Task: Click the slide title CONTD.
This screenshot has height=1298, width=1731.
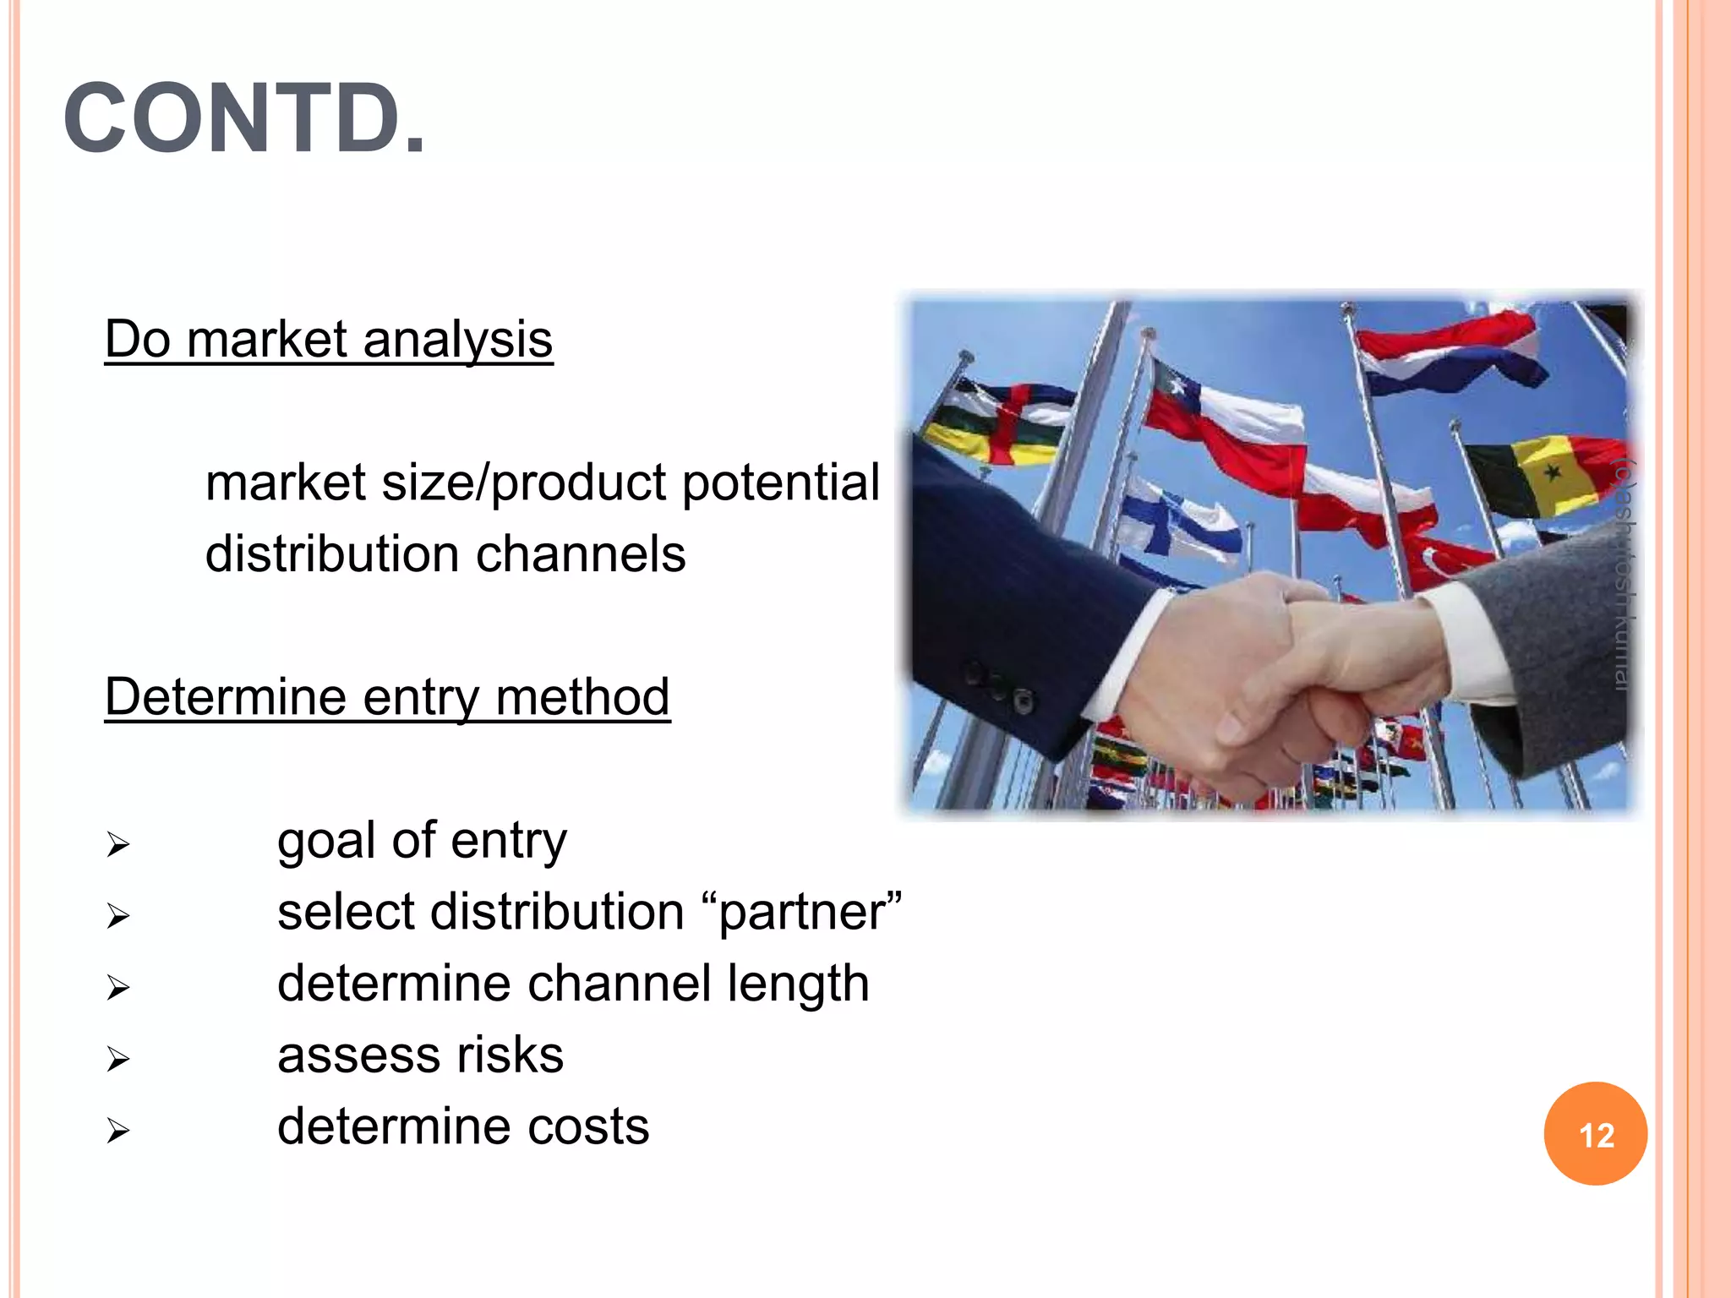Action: click(245, 118)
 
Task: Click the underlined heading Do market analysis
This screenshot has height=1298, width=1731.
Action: click(328, 340)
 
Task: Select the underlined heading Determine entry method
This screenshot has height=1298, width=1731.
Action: click(387, 697)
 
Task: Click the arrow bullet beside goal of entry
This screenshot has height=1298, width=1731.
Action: click(117, 844)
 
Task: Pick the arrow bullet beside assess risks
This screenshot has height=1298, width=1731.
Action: click(117, 1059)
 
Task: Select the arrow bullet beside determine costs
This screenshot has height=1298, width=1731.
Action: click(117, 1131)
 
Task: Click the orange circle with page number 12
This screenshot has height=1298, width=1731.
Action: click(1595, 1134)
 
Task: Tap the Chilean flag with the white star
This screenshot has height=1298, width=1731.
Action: click(1217, 423)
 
